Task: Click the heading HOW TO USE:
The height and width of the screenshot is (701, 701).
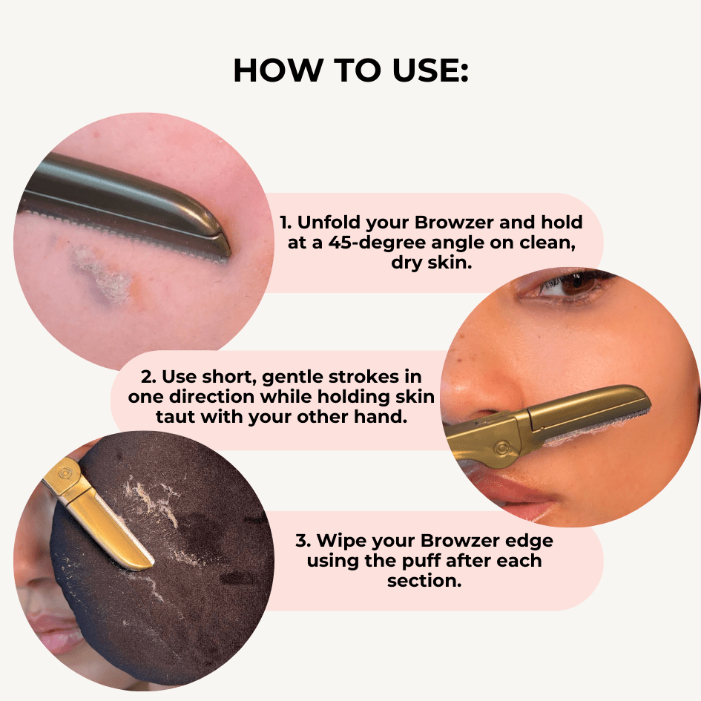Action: coord(350,70)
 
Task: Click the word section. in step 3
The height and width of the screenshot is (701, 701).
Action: coord(424,581)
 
